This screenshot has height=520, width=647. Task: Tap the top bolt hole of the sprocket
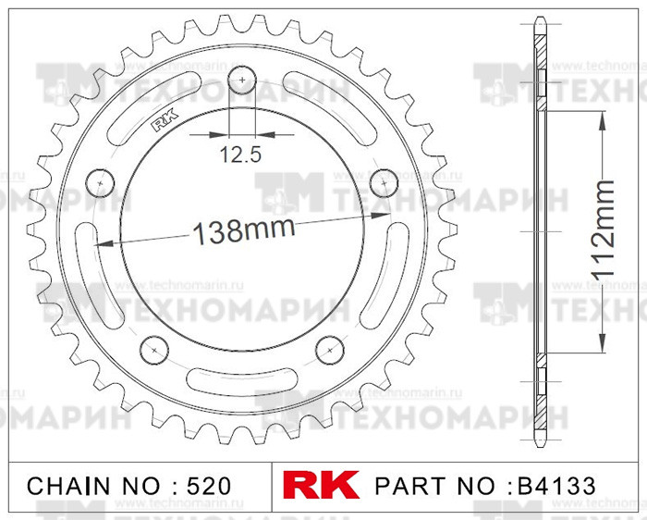tap(241, 80)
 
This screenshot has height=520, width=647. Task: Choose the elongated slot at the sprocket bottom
tap(241, 379)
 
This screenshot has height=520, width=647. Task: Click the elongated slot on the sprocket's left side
tap(85, 268)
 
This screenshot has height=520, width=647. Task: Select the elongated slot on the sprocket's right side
tap(397, 268)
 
